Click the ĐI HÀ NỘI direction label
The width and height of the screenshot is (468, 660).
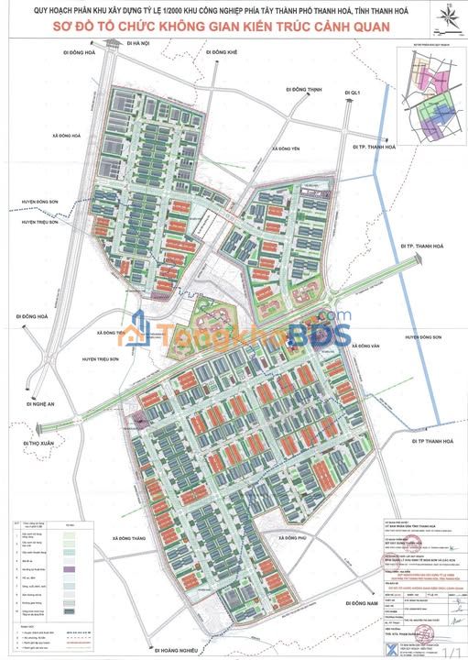tap(138, 43)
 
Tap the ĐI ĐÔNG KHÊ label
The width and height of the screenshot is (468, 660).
tap(223, 53)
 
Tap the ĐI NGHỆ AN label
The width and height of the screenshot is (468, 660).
tap(41, 402)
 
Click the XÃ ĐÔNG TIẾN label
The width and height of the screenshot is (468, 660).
tap(108, 333)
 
